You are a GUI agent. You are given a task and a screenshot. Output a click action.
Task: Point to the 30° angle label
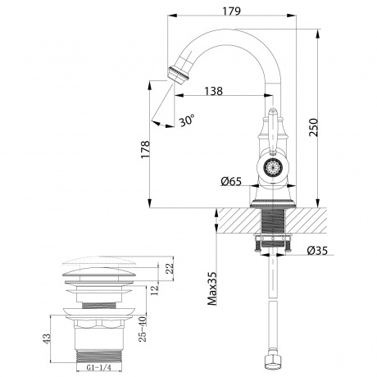(x=188, y=122)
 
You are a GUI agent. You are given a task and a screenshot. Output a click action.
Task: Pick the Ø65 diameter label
(x=232, y=183)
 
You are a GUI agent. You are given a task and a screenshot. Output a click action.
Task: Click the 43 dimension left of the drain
(x=48, y=336)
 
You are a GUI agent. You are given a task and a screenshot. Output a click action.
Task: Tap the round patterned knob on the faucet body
(x=270, y=169)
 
